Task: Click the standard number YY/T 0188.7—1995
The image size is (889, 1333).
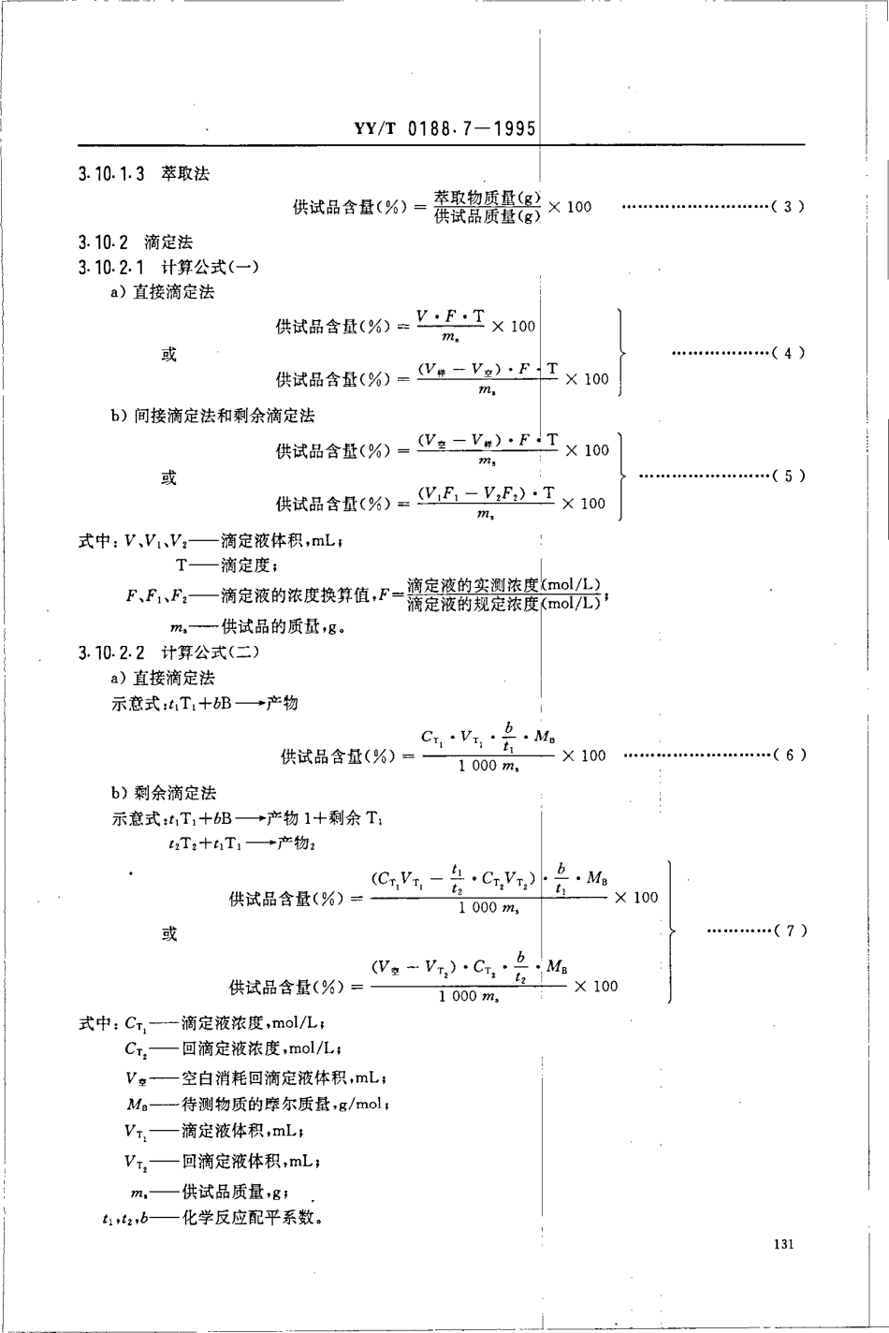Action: [445, 129]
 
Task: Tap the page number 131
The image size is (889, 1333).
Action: [784, 1244]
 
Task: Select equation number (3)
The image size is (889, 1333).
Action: [788, 207]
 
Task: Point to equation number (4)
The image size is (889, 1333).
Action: [788, 353]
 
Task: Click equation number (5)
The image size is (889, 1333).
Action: [788, 476]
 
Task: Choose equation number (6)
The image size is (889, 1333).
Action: [789, 754]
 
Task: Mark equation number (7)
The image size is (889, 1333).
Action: [789, 930]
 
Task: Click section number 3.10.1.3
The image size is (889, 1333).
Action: [111, 174]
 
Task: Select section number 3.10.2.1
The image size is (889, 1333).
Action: [111, 268]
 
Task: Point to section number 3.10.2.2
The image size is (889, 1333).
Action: [111, 652]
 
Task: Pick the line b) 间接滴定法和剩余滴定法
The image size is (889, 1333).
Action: [212, 416]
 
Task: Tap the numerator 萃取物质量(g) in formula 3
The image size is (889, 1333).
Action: [487, 198]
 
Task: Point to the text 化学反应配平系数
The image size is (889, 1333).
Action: [251, 1219]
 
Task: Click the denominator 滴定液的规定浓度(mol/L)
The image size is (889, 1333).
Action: [503, 605]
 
